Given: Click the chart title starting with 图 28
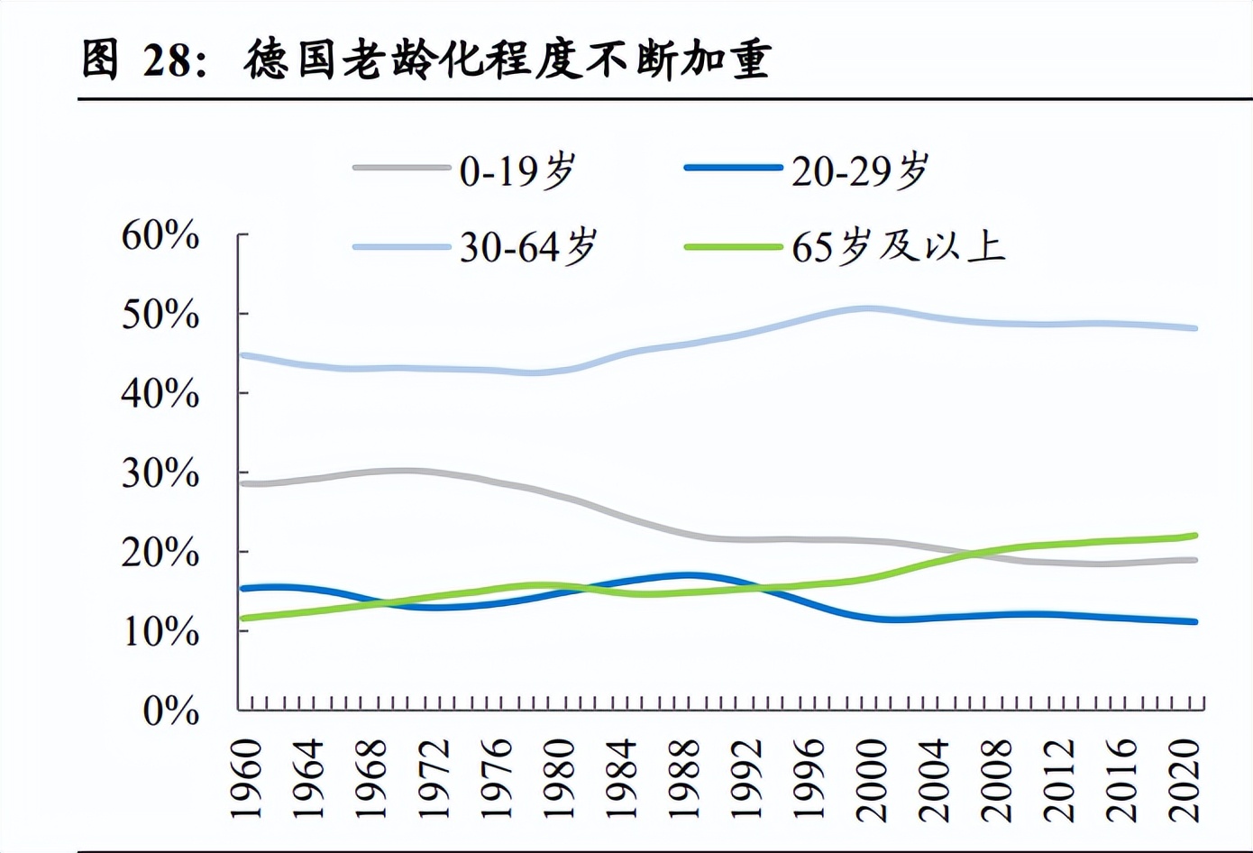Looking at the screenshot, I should [425, 60].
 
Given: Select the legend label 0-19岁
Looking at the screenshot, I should [517, 170].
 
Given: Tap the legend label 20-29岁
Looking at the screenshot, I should [860, 170].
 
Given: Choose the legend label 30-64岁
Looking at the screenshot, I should [528, 246].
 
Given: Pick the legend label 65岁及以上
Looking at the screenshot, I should [898, 246].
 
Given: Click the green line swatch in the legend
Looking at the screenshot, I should [733, 246].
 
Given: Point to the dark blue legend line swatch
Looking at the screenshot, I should [733, 168].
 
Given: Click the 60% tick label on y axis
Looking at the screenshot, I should [160, 235].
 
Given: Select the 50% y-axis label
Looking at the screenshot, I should [160, 315].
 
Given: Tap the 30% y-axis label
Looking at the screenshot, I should [160, 473].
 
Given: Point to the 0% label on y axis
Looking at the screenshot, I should [171, 711].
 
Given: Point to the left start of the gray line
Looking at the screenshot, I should [243, 484].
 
